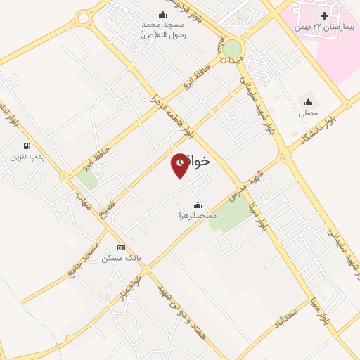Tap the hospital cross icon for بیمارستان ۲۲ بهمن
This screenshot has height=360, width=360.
click(x=323, y=15)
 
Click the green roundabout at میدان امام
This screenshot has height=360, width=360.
click(x=232, y=49)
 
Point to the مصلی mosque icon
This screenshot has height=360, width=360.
click(x=308, y=102)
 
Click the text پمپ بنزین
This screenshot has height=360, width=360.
click(x=27, y=156)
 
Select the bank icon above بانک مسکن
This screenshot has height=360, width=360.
click(x=121, y=247)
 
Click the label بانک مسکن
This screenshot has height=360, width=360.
click(x=121, y=258)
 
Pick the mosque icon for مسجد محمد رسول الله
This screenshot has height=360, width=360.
click(x=163, y=15)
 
